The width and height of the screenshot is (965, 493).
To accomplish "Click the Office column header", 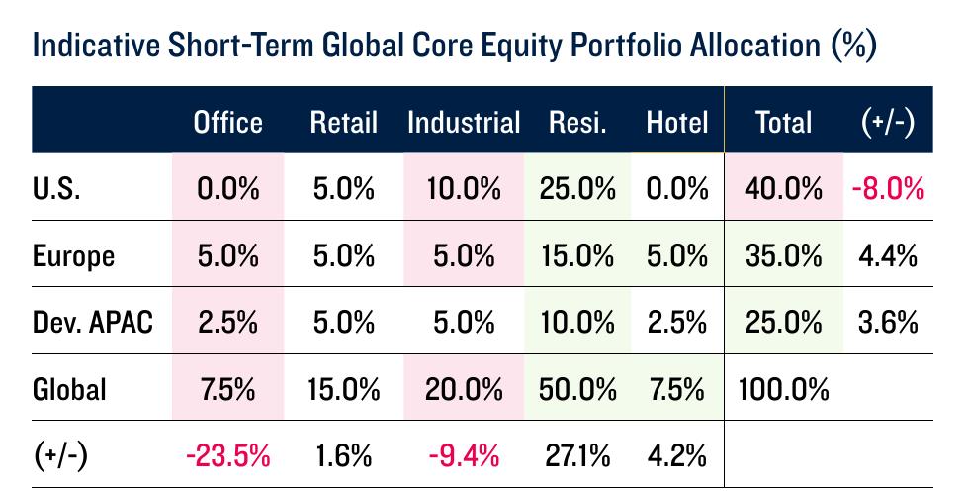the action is point(227,122).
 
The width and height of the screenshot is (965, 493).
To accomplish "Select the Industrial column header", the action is point(464,122).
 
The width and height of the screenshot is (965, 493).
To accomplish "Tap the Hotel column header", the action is point(677,122).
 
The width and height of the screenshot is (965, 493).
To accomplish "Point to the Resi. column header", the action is point(577,122).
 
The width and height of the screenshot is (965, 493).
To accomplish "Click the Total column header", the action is point(783,122).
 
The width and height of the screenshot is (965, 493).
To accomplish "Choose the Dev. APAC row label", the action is point(92,323).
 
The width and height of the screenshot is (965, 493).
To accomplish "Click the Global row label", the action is point(69,389).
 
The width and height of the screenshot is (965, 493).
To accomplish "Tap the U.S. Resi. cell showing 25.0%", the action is point(577,188).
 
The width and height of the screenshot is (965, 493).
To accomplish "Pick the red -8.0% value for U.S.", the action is point(888,188).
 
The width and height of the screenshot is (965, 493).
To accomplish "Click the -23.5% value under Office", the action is point(227,456).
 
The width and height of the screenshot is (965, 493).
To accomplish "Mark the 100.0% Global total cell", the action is point(783,389).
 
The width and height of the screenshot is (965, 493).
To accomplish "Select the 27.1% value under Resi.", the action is point(577,456).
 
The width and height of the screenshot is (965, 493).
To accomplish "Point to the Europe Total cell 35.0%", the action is point(783,255).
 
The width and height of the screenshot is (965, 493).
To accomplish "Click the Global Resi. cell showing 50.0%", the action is point(577,389).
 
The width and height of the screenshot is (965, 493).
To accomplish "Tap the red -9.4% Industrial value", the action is point(464,456).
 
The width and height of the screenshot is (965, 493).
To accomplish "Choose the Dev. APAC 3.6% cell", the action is point(888,323).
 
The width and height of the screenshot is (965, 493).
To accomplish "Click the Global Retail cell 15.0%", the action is point(343,389).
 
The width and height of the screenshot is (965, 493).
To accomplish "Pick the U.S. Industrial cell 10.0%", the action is point(464,188).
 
